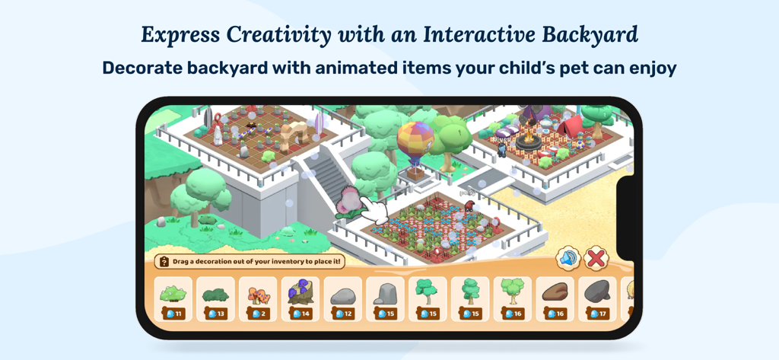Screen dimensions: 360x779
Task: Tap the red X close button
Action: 596,259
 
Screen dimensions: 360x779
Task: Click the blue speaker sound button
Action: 568,259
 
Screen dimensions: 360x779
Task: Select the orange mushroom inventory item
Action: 258,295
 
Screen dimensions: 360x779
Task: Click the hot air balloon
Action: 415,144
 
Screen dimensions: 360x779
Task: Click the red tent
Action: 571,126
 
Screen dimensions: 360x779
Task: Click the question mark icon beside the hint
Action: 163,262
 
